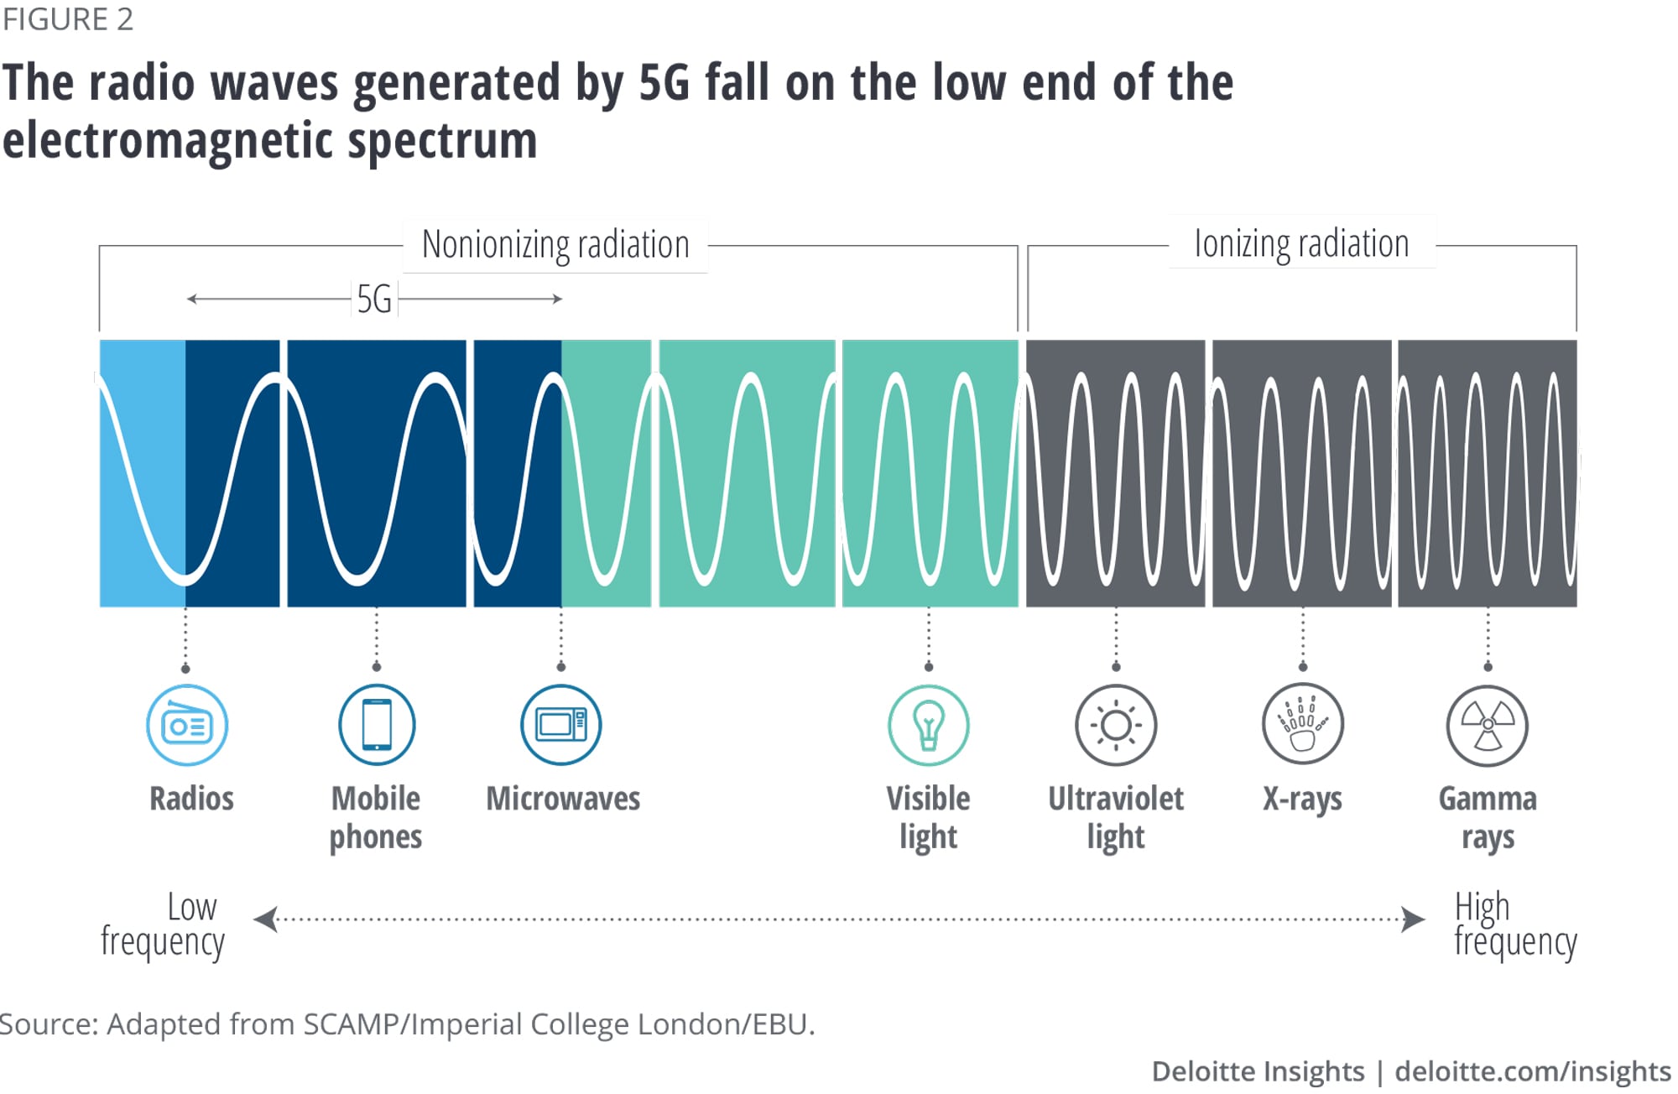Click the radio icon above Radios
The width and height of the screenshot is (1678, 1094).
point(187,725)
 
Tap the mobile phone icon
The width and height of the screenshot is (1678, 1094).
point(377,725)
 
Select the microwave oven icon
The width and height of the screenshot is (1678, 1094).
point(561,725)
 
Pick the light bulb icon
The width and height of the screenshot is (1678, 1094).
point(929,725)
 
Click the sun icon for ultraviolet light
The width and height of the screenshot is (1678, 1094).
point(1116,725)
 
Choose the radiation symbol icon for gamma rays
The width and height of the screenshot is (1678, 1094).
point(1488,725)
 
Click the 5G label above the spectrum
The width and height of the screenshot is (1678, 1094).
point(374,299)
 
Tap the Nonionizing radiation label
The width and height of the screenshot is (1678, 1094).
point(555,245)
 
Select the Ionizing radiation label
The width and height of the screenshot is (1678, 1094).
point(1301,244)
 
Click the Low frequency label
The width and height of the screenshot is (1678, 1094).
point(163,924)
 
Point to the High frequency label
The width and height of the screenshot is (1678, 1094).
point(1515,924)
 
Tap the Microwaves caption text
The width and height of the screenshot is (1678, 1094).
point(563,799)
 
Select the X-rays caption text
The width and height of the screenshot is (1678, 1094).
point(1302,799)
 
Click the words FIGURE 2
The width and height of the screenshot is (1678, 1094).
point(67,19)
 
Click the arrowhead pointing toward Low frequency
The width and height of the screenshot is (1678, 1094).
point(265,919)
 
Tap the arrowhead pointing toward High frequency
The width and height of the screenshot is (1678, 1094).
point(1414,919)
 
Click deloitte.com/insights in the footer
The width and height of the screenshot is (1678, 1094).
point(1533,1071)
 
